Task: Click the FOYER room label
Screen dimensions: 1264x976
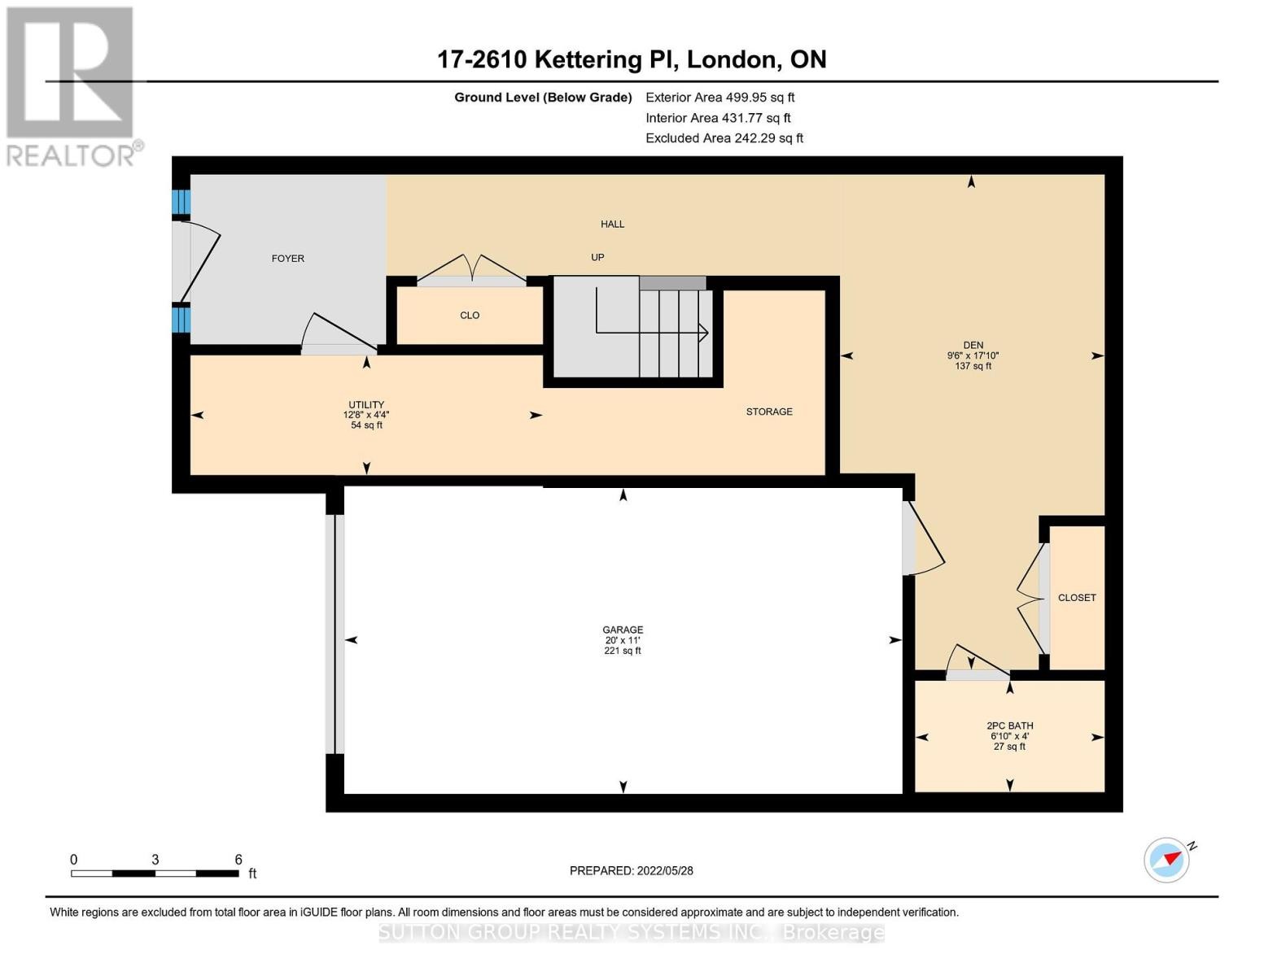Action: click(x=287, y=258)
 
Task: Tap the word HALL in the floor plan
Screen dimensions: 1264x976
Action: click(x=612, y=224)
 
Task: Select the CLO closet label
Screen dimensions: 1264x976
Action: click(x=470, y=315)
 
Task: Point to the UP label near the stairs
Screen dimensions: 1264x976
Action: click(x=597, y=257)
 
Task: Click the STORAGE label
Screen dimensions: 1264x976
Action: click(x=769, y=412)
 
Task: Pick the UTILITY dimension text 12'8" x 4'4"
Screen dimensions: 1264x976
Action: click(x=366, y=415)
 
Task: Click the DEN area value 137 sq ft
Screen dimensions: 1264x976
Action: click(x=973, y=366)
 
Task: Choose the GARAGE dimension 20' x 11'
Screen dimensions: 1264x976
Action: click(x=623, y=640)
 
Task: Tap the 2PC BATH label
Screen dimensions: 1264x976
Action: click(x=1010, y=725)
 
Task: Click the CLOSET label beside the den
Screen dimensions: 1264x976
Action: click(x=1077, y=598)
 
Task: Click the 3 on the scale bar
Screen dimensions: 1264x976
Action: click(x=155, y=859)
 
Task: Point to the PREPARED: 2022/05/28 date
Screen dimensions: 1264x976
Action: click(x=631, y=871)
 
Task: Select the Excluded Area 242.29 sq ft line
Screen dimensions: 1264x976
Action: click(x=724, y=138)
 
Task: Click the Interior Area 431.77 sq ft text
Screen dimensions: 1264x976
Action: click(x=718, y=118)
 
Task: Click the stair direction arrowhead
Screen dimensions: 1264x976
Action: click(x=703, y=333)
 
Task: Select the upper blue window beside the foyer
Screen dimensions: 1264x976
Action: click(x=181, y=202)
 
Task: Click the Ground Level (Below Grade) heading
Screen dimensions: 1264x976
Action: click(x=543, y=98)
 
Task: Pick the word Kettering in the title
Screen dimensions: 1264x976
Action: click(x=588, y=59)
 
